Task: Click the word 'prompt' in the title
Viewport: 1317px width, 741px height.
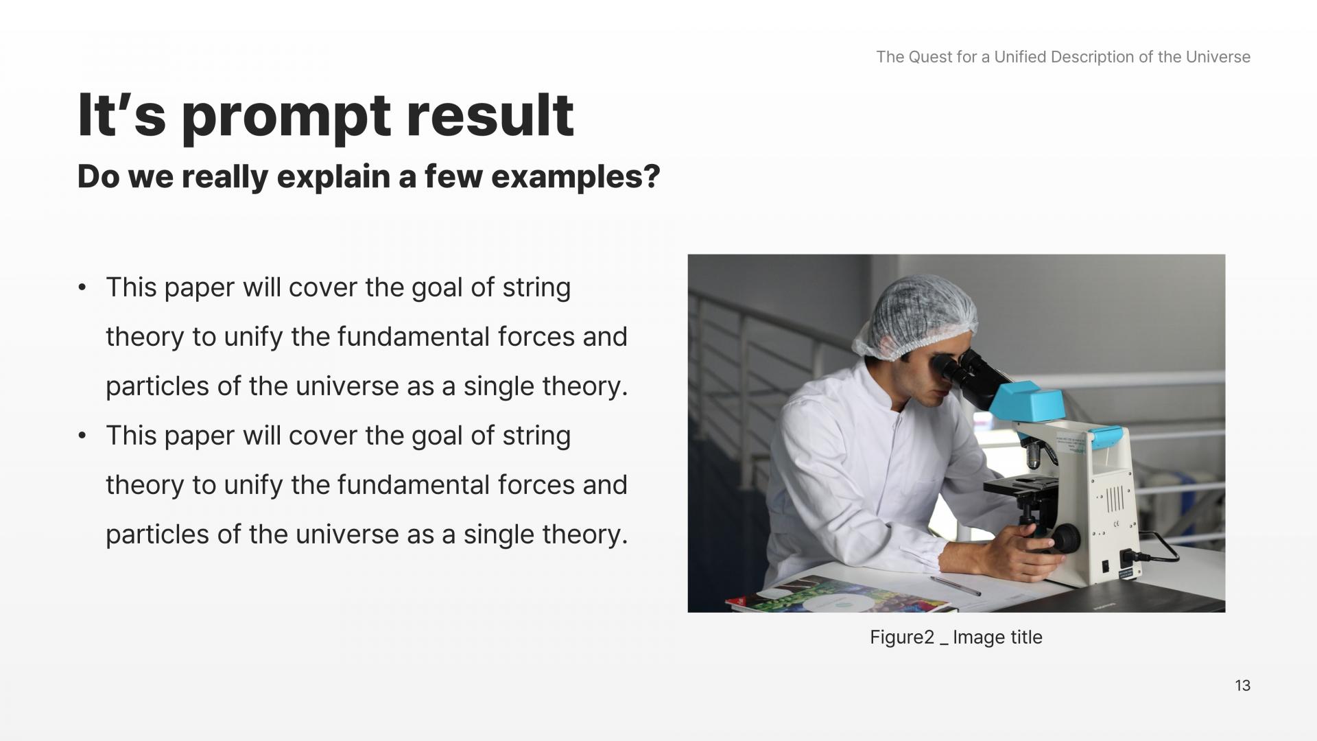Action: pos(286,116)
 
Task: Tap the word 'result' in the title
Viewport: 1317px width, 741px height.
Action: pos(490,115)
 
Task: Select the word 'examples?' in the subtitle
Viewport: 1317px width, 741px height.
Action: pos(576,177)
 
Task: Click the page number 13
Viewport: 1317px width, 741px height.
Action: pos(1242,685)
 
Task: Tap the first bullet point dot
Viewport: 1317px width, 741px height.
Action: pos(82,287)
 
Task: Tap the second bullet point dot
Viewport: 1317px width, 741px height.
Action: pos(82,436)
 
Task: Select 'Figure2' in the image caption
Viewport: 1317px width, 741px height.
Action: pos(902,637)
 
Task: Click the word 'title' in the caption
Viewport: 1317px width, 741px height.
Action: pos(1025,637)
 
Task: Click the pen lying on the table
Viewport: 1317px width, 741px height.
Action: pos(956,585)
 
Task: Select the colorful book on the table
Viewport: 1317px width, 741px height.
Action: pos(840,596)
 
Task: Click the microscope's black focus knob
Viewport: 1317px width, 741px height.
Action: pos(1065,539)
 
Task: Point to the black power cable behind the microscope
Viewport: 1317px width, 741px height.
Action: pos(1166,549)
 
